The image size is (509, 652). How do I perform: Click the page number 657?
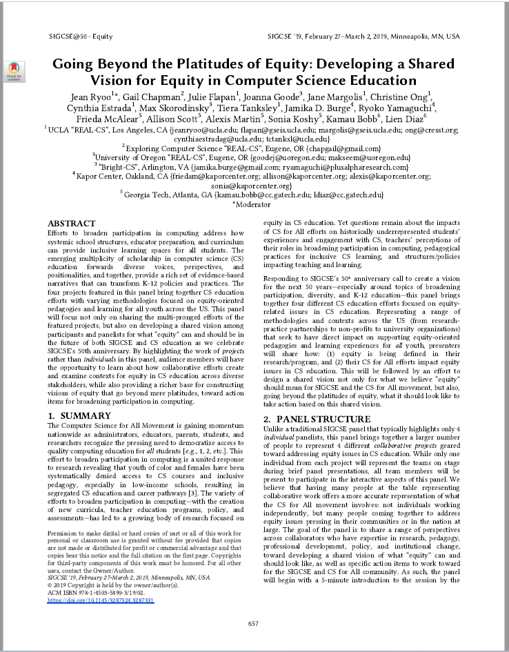(254, 623)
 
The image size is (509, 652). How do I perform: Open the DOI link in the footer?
(101, 601)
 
